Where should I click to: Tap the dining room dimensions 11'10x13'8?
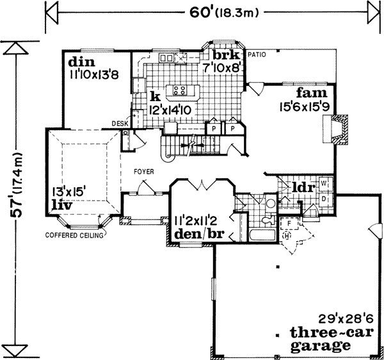(x=93, y=74)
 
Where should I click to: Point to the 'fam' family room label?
(x=310, y=94)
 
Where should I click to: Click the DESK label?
(x=120, y=123)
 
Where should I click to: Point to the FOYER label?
(x=143, y=172)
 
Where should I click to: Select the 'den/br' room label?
(x=198, y=232)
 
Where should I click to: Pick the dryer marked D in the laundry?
(x=323, y=198)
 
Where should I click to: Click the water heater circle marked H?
(x=287, y=234)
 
